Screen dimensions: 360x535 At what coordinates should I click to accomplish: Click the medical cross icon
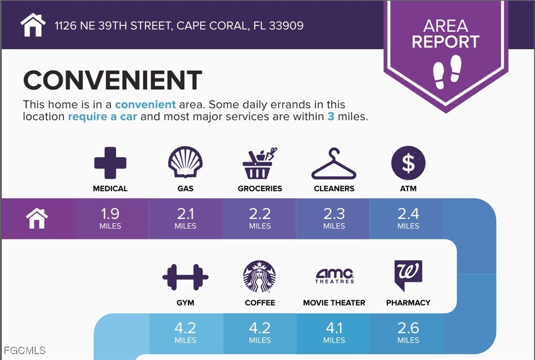(x=110, y=163)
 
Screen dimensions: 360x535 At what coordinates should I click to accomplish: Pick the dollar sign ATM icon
(x=408, y=163)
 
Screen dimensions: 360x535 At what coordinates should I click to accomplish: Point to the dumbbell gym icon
(x=185, y=277)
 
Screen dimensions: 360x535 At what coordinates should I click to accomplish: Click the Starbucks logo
(x=259, y=276)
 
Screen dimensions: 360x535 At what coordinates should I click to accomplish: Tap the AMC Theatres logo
(x=335, y=275)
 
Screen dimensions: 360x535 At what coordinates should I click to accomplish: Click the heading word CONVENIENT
(x=113, y=81)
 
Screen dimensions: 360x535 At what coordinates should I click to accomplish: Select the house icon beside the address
(x=33, y=25)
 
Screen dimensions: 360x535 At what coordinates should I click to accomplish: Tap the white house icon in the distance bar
(x=37, y=218)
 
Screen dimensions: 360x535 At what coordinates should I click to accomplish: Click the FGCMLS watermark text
(x=23, y=351)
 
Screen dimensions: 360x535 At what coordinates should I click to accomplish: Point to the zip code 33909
(x=286, y=25)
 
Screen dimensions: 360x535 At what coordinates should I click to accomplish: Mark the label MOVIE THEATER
(x=334, y=303)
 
